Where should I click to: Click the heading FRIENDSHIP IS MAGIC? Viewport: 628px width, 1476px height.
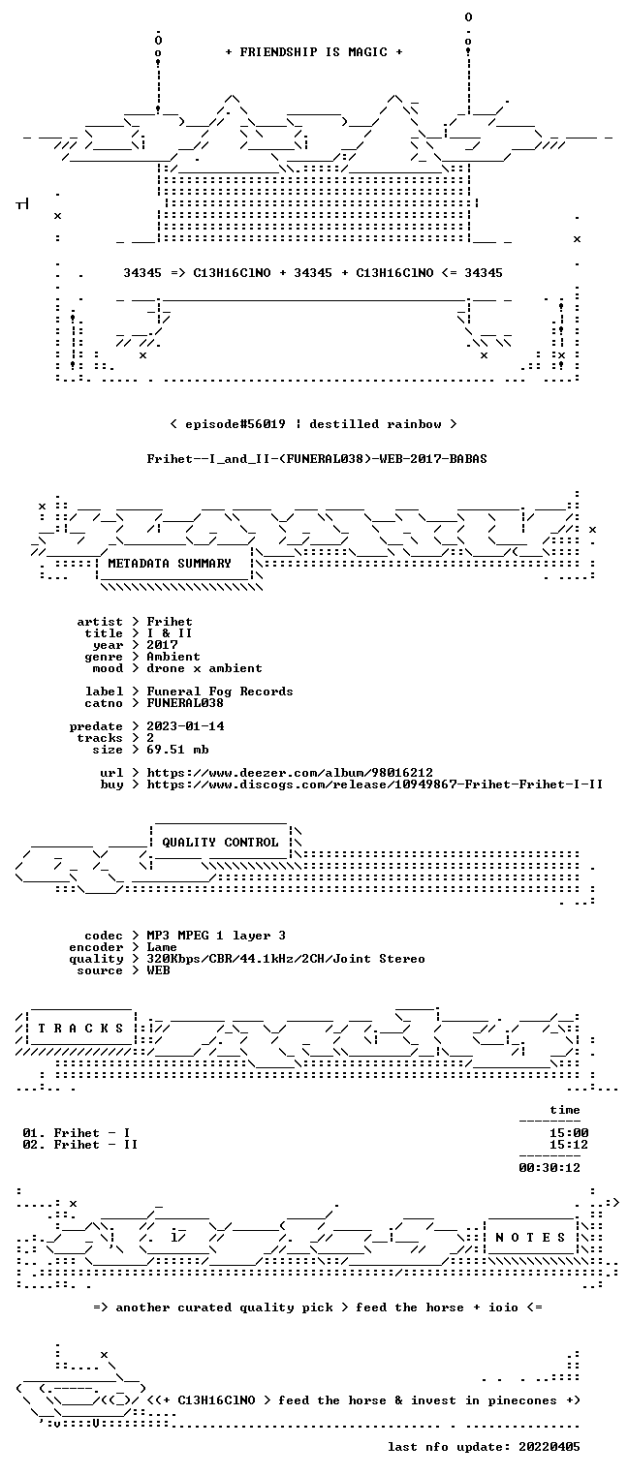313,52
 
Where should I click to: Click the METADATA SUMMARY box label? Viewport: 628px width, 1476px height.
170,564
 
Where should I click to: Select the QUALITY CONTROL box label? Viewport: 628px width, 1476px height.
220,842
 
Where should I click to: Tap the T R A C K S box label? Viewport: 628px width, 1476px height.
80,1028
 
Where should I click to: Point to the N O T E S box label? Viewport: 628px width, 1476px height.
530,1237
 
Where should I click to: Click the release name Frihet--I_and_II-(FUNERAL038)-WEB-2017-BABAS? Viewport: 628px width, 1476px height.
317,459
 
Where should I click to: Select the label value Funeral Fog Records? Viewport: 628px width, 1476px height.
220,692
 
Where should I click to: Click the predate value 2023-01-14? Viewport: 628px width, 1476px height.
185,726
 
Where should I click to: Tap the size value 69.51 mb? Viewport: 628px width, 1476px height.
177,750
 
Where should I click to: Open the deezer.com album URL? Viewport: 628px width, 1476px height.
290,772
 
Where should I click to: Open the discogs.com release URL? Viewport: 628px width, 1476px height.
375,784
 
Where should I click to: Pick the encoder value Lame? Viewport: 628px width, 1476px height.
162,947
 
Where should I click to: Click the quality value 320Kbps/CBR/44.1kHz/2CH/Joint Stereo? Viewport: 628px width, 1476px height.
286,959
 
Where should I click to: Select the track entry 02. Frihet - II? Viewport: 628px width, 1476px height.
79,1145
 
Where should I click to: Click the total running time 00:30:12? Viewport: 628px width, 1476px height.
549,1168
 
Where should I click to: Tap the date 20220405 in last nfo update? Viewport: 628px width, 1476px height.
549,1446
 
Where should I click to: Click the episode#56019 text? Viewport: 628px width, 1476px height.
235,423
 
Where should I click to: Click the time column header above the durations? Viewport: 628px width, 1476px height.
565,1110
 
